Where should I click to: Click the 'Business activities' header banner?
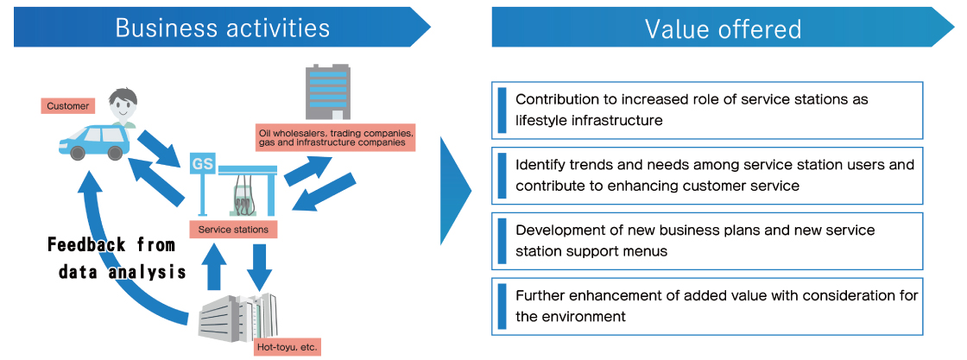tap(222, 27)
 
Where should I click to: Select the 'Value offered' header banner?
tap(723, 27)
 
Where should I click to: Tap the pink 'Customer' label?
tap(68, 106)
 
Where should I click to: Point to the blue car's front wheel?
tap(77, 152)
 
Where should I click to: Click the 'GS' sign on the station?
tap(202, 164)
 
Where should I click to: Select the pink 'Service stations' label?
tap(233, 230)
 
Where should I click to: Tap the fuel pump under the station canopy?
tap(244, 195)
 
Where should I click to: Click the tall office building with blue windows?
tap(327, 92)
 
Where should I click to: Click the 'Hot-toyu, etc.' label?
tap(286, 347)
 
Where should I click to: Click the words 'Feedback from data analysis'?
tap(117, 258)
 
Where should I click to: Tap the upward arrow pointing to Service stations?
tap(214, 266)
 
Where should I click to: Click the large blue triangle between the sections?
tap(453, 191)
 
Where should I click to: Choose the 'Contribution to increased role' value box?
tap(707, 110)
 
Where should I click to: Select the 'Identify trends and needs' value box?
tap(707, 175)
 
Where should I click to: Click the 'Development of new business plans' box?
tap(707, 241)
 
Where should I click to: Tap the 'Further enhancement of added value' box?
tap(707, 306)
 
